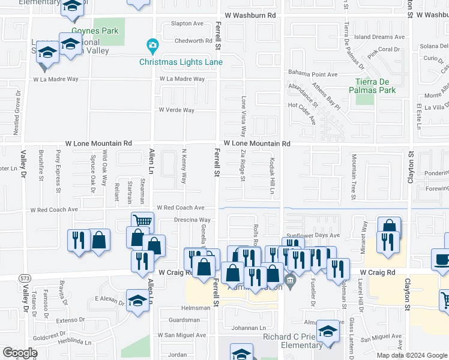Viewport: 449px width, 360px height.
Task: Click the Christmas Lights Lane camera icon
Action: (x=152, y=45)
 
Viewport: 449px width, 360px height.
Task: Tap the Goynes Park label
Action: (x=89, y=30)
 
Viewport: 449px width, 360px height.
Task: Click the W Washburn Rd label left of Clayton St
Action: (x=250, y=14)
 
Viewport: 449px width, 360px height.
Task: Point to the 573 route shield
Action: (x=25, y=278)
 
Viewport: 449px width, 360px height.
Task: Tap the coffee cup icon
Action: (x=442, y=259)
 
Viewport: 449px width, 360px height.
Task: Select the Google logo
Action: (x=20, y=352)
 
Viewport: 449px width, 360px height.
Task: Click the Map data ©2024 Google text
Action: (x=412, y=355)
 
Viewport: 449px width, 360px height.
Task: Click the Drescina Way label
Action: (x=192, y=220)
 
